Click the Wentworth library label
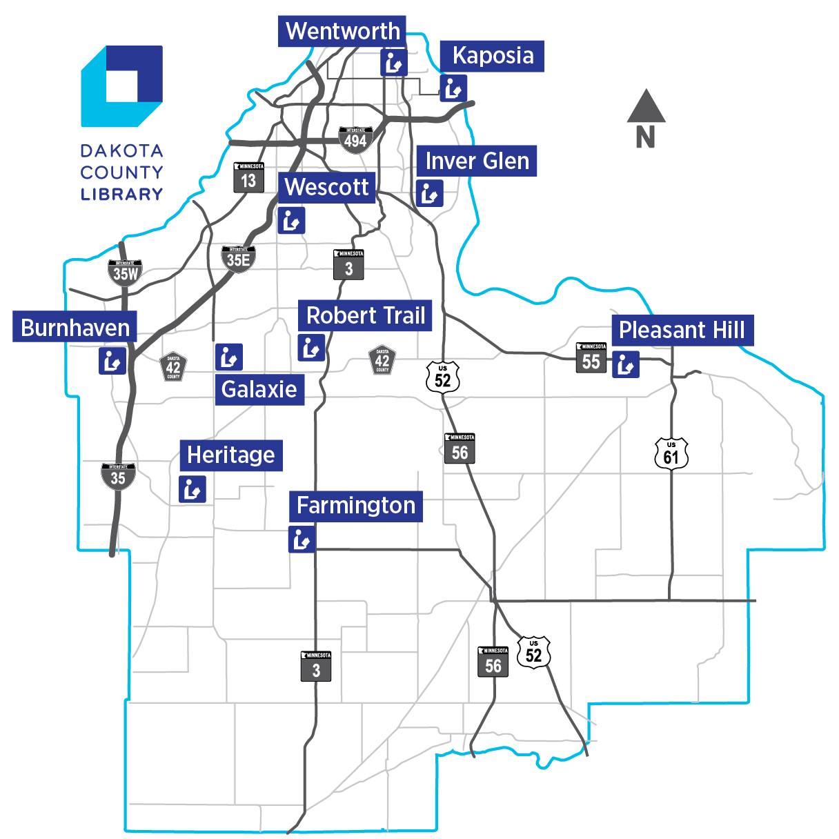pyautogui.click(x=342, y=32)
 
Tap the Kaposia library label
pyautogui.click(x=493, y=56)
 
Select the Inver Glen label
pyautogui.click(x=477, y=161)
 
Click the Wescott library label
pyautogui.click(x=327, y=187)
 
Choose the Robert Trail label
pyautogui.click(x=365, y=316)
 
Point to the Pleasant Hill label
pyautogui.click(x=682, y=330)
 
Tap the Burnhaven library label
pyautogui.click(x=75, y=328)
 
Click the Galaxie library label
pyautogui.click(x=259, y=390)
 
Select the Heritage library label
pyautogui.click(x=231, y=455)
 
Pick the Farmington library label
pyautogui.click(x=356, y=506)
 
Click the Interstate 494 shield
pyautogui.click(x=355, y=140)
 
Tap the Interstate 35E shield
pyautogui.click(x=238, y=259)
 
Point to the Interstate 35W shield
pyautogui.click(x=125, y=273)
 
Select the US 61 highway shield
pyautogui.click(x=671, y=454)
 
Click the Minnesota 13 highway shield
pyautogui.click(x=248, y=178)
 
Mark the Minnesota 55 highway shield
pyautogui.click(x=591, y=358)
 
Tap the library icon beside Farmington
pyautogui.click(x=302, y=540)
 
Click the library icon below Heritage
pyautogui.click(x=193, y=489)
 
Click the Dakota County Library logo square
pyautogui.click(x=122, y=86)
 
